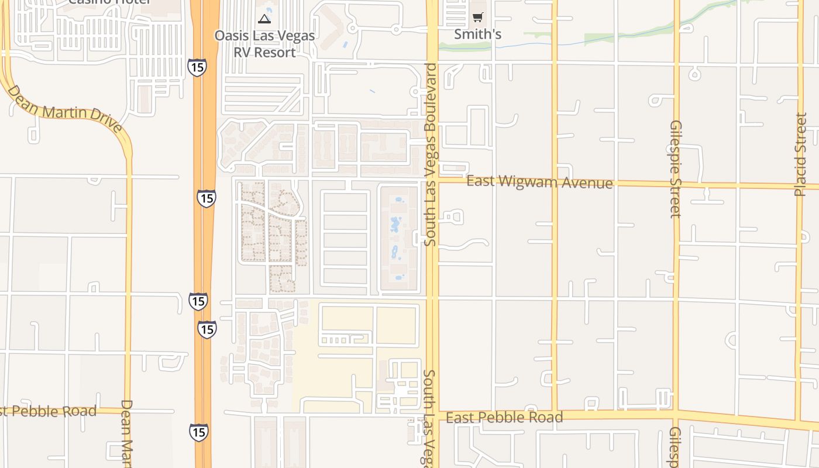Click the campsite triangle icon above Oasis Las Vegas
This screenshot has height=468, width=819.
coord(264,19)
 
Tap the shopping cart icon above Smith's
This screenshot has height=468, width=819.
coord(478,17)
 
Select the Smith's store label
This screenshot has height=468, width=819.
coord(478,35)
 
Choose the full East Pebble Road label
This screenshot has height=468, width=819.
coord(504,417)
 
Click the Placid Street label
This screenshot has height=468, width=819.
coord(801,154)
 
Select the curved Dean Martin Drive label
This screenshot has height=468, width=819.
coord(64,109)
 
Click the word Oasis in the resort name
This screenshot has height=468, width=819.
coord(233,36)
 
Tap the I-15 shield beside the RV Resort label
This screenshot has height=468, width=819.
coord(197,67)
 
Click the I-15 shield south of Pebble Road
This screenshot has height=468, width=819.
coord(198,432)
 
